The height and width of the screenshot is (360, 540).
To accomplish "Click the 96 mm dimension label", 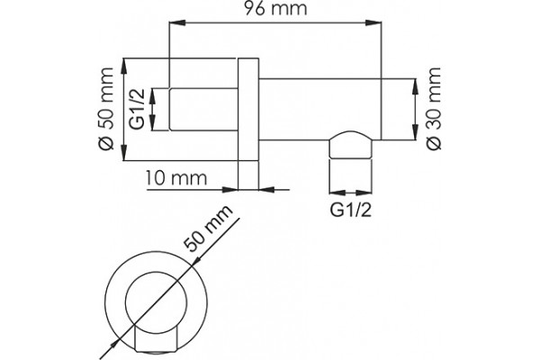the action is pos(275,8).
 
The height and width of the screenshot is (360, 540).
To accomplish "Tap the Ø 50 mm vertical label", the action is pos(106,109).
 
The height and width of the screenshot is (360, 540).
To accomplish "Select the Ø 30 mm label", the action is pos(434,109).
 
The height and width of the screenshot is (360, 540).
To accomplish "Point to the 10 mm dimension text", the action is pos(175,178).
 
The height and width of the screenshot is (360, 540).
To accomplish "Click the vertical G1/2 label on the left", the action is pos(138,109).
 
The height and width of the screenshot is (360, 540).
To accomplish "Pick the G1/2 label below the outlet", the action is pos(351,210).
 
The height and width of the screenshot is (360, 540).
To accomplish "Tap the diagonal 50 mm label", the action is pos(208,229).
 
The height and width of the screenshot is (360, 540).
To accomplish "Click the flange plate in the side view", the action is pos(248,124).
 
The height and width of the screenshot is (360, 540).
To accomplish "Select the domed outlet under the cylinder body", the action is pos(351,145).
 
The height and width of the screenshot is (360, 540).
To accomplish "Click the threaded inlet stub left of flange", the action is pos(203,110).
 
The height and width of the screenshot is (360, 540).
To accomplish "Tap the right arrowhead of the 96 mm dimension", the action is pos(373,22).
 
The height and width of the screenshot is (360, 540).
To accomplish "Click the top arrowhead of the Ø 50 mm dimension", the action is pos(124,67).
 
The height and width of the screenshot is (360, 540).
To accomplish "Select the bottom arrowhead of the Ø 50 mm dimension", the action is pos(124,152).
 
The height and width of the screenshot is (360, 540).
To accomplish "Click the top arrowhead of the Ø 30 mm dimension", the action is pos(415,87).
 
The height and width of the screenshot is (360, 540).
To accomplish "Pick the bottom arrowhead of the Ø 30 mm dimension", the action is pos(415,132).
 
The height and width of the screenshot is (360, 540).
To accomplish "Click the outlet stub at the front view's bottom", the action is pos(157,338).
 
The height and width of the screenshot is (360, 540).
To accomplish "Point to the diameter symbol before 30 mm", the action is pos(434,144).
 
